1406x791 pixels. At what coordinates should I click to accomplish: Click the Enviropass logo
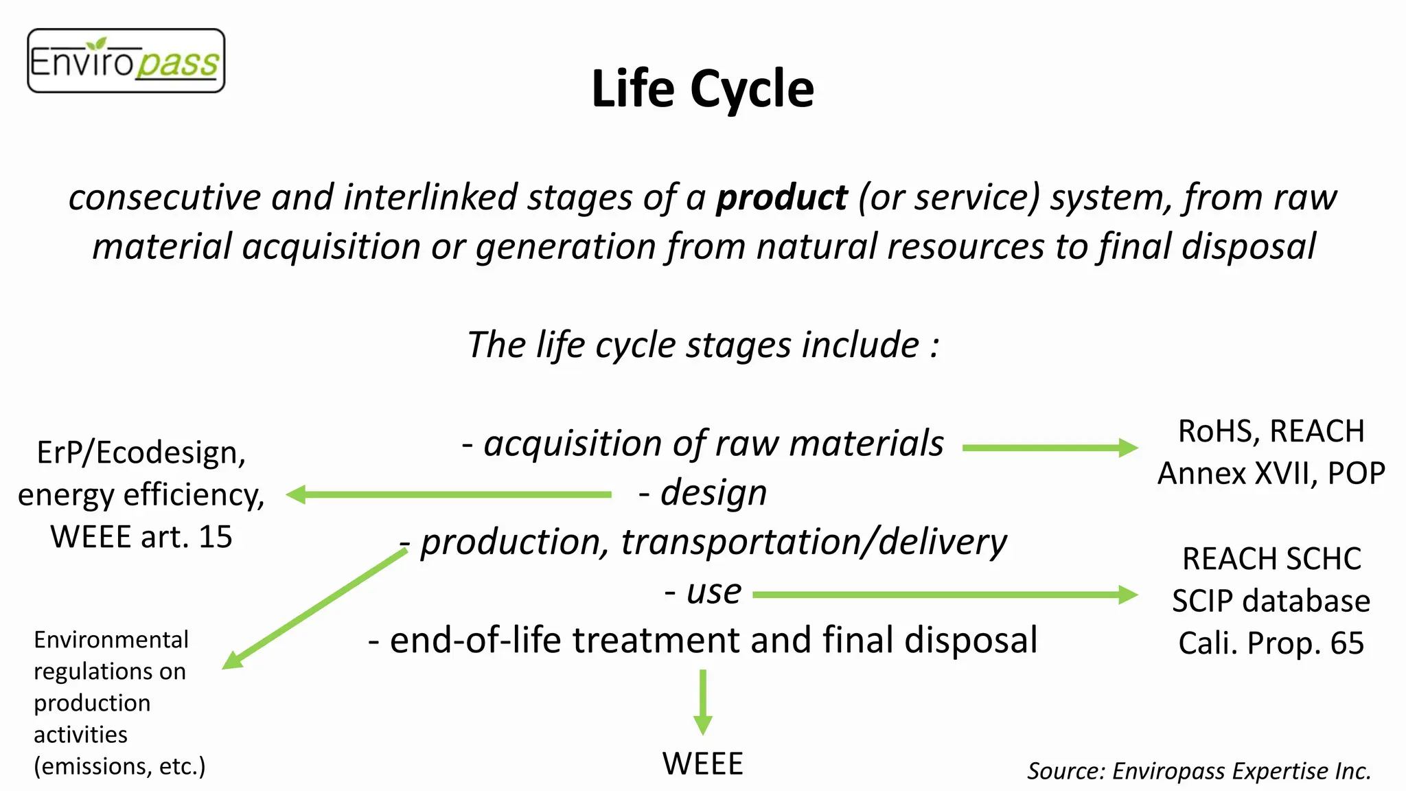tap(126, 61)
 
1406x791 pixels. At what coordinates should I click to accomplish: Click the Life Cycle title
tap(702, 89)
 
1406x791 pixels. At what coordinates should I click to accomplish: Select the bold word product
tap(781, 198)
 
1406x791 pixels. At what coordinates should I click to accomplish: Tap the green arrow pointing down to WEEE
tap(702, 702)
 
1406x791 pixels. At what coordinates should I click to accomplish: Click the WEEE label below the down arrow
tap(702, 764)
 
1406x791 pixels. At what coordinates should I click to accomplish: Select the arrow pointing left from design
tap(449, 494)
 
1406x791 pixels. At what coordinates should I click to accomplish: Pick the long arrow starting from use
tap(945, 595)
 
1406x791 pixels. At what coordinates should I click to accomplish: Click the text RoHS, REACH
tap(1271, 431)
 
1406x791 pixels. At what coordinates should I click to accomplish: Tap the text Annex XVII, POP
tap(1271, 473)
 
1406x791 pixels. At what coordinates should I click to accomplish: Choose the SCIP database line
tap(1271, 601)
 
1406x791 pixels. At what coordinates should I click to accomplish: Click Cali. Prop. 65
tap(1271, 643)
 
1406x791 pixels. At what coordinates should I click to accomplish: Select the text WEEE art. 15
tap(141, 536)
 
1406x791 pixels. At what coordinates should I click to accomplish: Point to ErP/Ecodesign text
tap(141, 452)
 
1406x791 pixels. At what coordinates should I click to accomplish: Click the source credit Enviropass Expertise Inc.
tap(1199, 771)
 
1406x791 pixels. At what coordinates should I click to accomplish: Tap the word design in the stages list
tap(713, 493)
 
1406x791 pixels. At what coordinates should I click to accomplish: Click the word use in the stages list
tap(714, 591)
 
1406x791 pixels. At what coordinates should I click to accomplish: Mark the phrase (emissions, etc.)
tap(119, 766)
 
